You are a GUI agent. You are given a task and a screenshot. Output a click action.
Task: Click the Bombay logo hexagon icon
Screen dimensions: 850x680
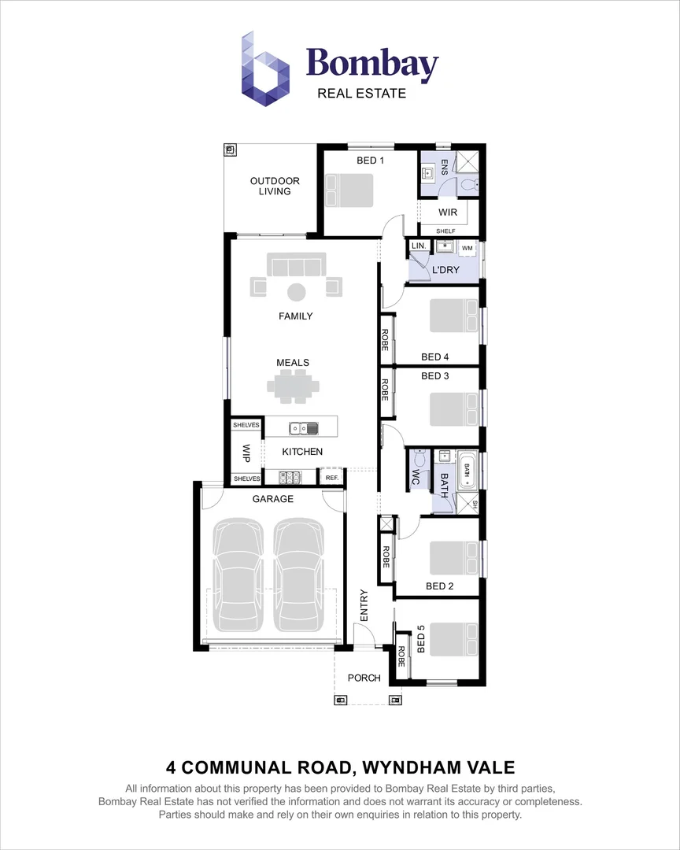[265, 68]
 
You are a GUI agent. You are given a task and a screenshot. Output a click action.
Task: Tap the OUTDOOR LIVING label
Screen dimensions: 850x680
[275, 186]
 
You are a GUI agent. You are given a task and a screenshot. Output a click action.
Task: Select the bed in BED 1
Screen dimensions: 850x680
[349, 190]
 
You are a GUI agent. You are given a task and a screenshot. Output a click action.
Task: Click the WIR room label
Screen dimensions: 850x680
[448, 213]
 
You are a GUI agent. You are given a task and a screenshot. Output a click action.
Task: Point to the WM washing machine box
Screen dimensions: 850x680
[468, 249]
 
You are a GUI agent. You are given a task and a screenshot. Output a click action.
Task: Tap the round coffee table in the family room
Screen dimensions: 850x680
[296, 292]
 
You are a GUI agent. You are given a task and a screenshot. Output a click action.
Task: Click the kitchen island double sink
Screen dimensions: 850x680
[303, 429]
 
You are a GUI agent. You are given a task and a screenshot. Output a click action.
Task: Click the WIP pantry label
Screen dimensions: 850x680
[246, 453]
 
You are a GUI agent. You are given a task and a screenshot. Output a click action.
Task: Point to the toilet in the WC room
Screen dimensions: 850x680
[417, 459]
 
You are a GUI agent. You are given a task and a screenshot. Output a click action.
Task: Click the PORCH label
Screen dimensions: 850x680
[364, 678]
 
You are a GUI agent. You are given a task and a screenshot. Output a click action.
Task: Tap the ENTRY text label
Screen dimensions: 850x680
[364, 606]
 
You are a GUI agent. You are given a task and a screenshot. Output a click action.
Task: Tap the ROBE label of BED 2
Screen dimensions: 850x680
[386, 556]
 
